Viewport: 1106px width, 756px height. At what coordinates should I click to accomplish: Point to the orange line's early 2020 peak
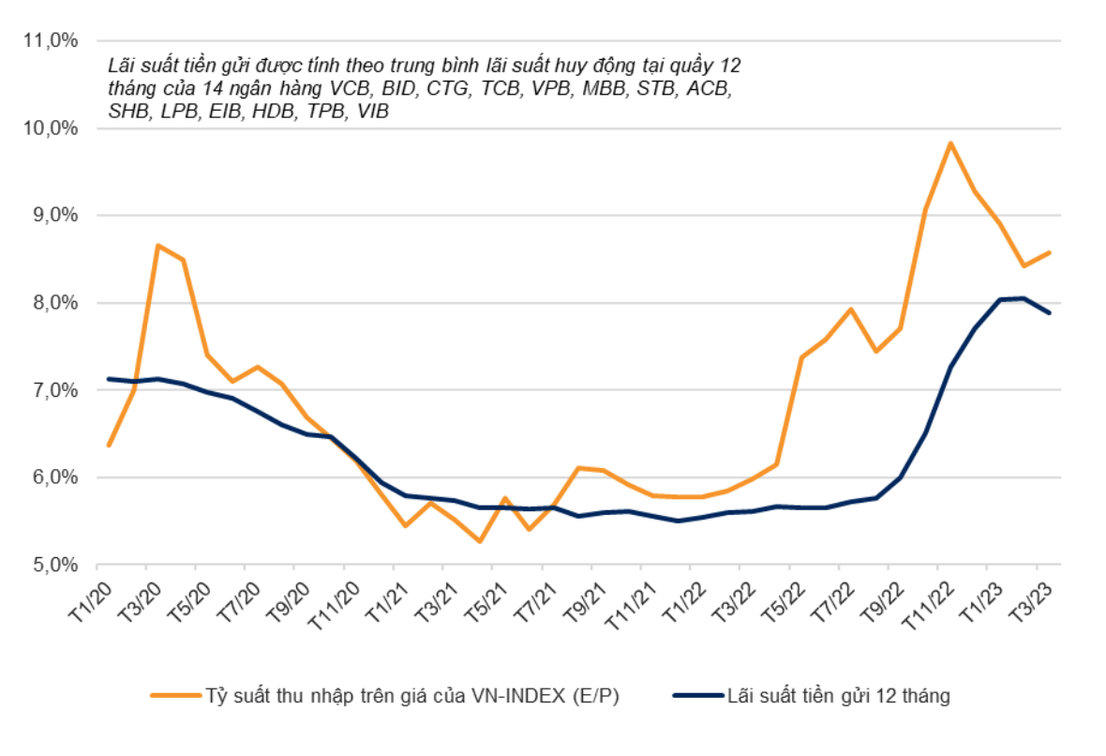coord(157,246)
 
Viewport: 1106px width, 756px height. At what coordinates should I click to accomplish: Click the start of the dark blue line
coord(109,379)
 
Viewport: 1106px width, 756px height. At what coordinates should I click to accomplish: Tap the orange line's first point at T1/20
coord(109,446)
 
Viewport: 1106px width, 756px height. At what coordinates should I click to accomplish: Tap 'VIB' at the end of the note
coord(372,111)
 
